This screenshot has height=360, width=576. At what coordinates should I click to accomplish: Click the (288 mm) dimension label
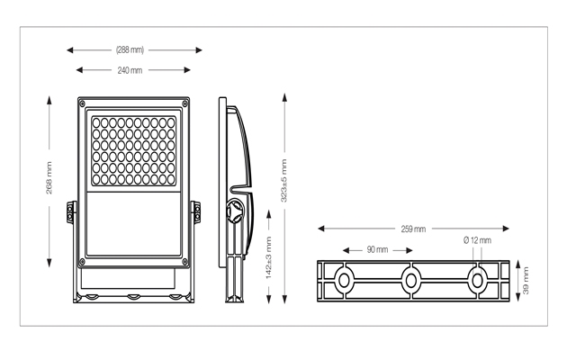(130, 50)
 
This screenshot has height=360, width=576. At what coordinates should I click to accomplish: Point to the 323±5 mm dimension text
(284, 179)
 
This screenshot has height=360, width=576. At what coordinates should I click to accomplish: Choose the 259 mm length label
(413, 229)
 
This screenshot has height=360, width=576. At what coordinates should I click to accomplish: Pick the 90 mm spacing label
(377, 248)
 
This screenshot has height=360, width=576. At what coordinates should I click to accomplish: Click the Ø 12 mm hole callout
(477, 240)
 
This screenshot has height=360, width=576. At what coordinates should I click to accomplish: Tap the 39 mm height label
(527, 281)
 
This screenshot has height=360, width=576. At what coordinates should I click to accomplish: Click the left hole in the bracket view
(344, 281)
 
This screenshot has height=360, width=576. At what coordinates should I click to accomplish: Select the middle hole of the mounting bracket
(411, 281)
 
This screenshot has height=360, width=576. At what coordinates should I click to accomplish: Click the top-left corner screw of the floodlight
(84, 104)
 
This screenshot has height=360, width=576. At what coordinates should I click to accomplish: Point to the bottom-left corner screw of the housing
(84, 262)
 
